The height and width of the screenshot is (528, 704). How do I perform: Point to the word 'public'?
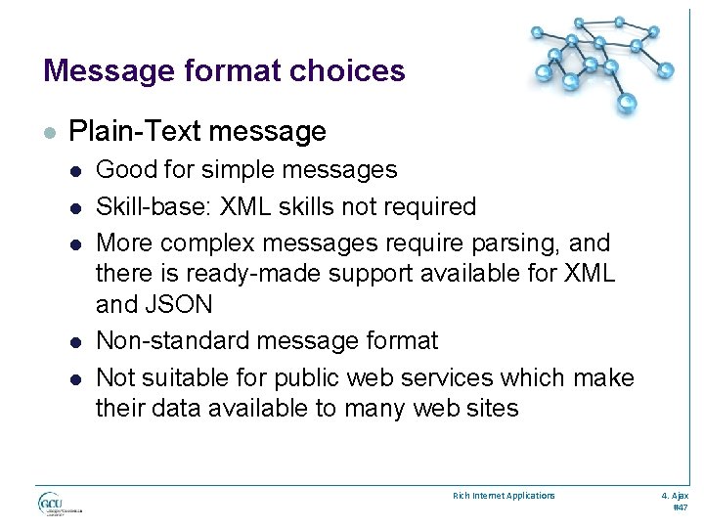(309, 377)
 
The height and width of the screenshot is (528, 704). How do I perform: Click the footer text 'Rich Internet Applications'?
(503, 496)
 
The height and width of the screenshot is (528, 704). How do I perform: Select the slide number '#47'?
(681, 508)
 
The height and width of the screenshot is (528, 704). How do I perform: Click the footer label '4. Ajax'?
(676, 496)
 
